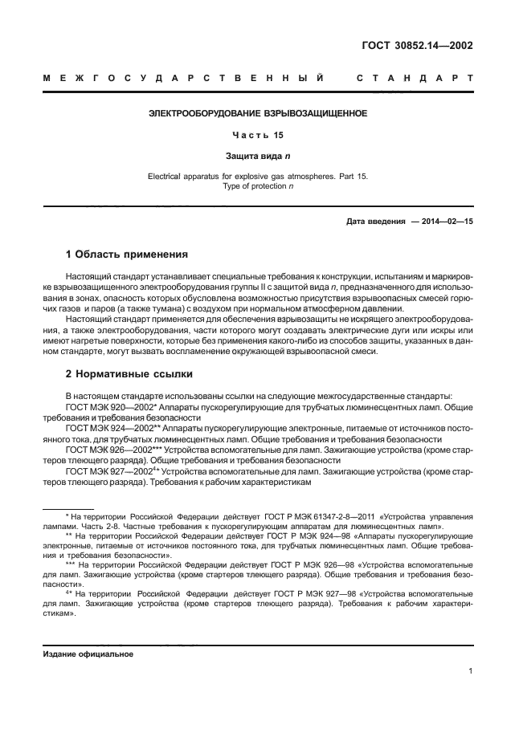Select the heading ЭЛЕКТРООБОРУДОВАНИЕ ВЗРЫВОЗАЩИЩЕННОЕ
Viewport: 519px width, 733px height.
(258, 114)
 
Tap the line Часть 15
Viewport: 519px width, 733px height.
(258, 135)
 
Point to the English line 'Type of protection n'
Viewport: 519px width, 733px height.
(258, 185)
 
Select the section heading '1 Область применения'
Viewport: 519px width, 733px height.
(127, 255)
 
